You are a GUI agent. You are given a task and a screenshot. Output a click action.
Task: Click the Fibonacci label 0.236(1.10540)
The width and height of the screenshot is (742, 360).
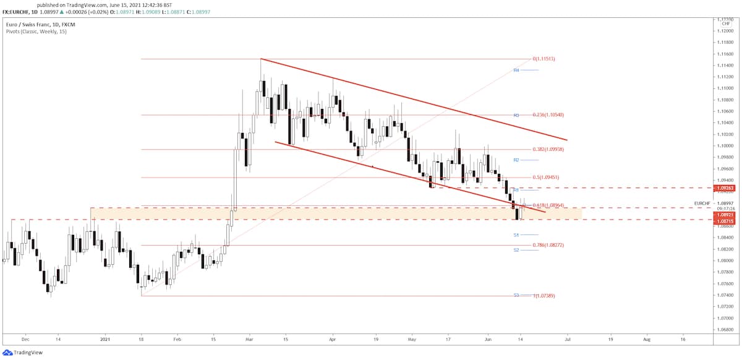[548, 115]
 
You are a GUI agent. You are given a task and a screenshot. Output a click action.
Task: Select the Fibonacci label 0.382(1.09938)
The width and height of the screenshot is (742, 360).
[548, 149]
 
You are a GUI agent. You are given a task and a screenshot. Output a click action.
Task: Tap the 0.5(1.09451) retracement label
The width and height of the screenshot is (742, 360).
[547, 178]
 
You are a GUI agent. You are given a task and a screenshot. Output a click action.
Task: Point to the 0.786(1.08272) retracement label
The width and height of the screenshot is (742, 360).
[547, 245]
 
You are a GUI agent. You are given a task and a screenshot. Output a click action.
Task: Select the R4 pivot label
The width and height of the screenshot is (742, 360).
[516, 71]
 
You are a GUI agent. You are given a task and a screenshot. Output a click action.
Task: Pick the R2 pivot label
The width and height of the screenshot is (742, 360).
[516, 160]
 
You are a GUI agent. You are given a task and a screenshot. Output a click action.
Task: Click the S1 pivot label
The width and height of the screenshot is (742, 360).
[516, 235]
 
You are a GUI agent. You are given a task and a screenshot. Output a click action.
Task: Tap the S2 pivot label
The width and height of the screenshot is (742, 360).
[516, 250]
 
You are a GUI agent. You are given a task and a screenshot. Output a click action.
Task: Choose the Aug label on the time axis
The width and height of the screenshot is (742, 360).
[646, 340]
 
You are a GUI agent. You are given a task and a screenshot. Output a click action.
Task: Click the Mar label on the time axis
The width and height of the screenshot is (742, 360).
[249, 340]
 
